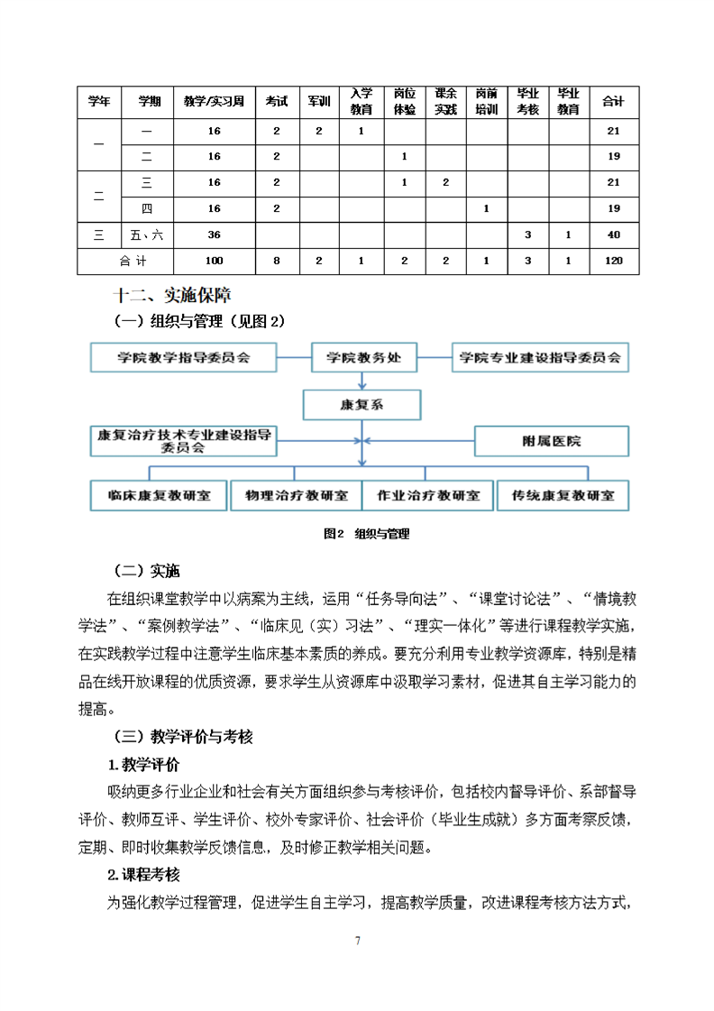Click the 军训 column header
[x=319, y=102]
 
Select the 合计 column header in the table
[x=613, y=102]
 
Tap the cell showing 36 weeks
[x=214, y=235]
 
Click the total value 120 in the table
[x=613, y=261]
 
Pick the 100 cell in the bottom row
[x=214, y=261]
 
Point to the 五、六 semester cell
[x=147, y=235]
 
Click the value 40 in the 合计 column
[x=613, y=235]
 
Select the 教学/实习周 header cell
[x=214, y=102]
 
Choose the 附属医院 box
[x=551, y=441]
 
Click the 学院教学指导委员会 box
[x=183, y=357]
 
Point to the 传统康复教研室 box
[x=563, y=495]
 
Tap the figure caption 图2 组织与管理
[x=366, y=534]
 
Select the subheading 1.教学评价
[x=143, y=765]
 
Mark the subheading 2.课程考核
[x=143, y=874]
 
